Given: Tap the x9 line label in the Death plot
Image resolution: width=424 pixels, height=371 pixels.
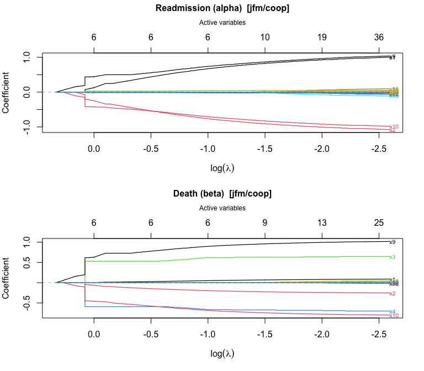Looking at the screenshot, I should point(393,242).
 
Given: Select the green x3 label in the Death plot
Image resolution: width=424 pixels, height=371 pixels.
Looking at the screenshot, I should point(393,257).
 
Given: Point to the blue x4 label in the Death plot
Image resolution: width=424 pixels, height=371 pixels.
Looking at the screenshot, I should point(393,311).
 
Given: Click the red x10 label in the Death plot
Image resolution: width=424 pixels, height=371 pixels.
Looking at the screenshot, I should point(394,316).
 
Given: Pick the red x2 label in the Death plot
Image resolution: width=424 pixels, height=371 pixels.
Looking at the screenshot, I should point(393,293).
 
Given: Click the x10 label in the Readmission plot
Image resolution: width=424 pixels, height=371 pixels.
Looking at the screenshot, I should point(394,127).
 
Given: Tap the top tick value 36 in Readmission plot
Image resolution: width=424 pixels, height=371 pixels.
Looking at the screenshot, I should point(379,38).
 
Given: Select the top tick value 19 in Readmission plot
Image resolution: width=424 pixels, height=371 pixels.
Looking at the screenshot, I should point(322,38).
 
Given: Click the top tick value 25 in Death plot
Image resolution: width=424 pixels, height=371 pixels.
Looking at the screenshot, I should point(379,223).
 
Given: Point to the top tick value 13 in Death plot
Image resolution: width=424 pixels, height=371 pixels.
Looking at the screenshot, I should point(322,223).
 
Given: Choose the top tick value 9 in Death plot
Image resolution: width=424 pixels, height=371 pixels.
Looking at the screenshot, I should point(265,223).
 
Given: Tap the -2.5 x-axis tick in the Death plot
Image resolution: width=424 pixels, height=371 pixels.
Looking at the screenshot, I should point(379,335).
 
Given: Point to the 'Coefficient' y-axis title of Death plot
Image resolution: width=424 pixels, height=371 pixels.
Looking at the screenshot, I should point(7,278).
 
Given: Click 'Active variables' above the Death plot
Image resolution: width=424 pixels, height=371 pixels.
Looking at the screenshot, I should point(222,208).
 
